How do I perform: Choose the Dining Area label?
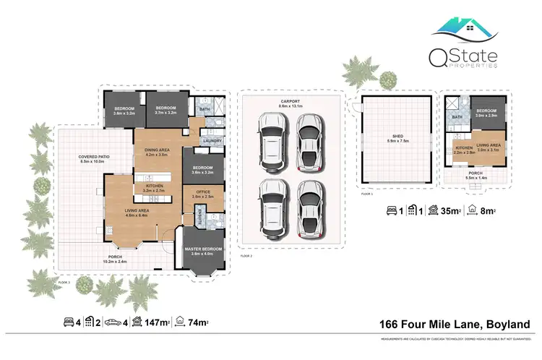pyautogui.click(x=157, y=150)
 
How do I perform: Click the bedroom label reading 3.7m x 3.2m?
pyautogui.click(x=165, y=108)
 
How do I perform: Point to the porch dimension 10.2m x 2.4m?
pyautogui.click(x=116, y=261)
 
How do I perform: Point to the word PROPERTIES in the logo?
pyautogui.click(x=478, y=65)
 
